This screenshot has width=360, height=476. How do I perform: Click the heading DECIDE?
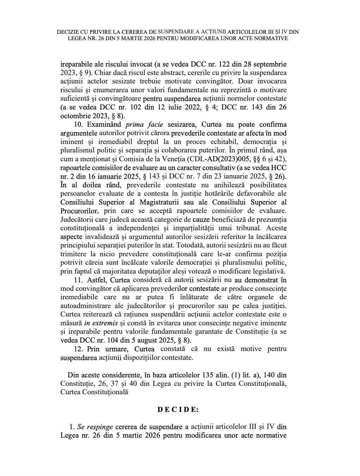[x=178, y=409]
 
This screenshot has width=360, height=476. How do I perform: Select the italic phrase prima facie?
[x=144, y=125]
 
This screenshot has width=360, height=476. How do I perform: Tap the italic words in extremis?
[x=101, y=323]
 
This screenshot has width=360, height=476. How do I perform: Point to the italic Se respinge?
[x=95, y=427]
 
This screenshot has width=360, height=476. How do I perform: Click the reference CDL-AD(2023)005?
[x=219, y=159]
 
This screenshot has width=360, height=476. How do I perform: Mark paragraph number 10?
[x=78, y=125]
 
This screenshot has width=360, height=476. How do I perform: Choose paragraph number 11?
[x=78, y=280]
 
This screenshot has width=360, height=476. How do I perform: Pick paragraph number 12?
[x=78, y=349]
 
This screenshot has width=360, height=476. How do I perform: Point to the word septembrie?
[x=270, y=64]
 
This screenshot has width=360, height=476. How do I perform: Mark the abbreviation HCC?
[x=279, y=168]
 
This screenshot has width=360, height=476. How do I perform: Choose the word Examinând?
[x=104, y=125]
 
